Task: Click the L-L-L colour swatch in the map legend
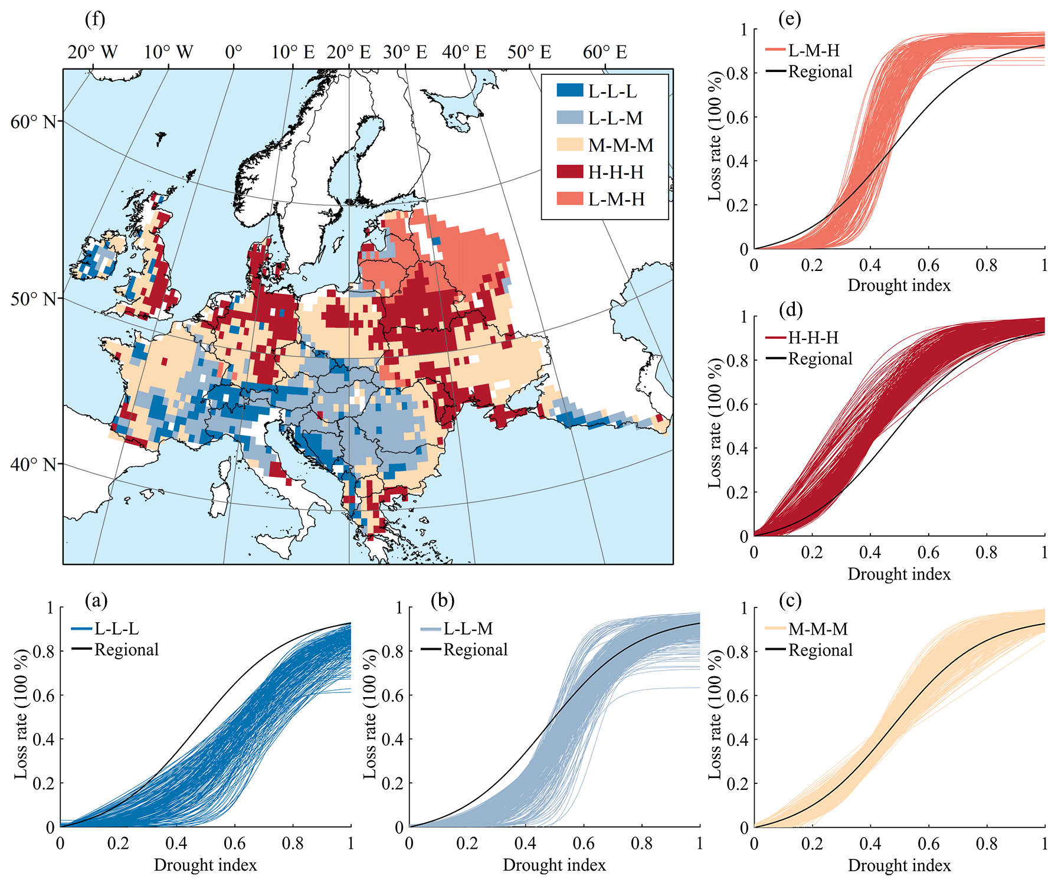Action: tap(569, 90)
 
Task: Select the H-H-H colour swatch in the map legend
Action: tap(569, 172)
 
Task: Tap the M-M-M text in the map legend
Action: tap(621, 145)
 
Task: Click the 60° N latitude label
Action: tap(34, 122)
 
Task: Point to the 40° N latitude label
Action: tap(34, 465)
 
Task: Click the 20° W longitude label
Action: tap(93, 52)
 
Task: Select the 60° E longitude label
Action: tap(604, 52)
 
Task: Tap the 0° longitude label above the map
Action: tap(234, 52)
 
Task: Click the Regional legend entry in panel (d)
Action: tap(820, 359)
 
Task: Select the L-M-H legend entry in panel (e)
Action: tap(814, 50)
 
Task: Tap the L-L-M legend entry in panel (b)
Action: tap(468, 629)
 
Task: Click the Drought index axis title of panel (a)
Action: tap(205, 865)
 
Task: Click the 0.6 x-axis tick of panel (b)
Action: tap(584, 843)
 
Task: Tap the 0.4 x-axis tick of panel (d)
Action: tap(870, 552)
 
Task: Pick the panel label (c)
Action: tap(790, 601)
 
